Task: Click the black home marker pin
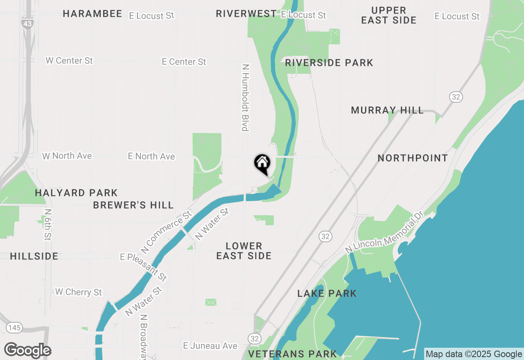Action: click(x=262, y=163)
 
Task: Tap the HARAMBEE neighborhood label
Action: click(x=93, y=14)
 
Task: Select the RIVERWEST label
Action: click(x=246, y=14)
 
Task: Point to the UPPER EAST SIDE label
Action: click(x=388, y=15)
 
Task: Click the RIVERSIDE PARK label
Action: click(x=329, y=63)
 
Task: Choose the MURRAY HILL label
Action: click(x=387, y=110)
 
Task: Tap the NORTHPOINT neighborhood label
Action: click(x=413, y=158)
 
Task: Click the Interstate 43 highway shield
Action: click(x=27, y=24)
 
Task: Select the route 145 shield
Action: click(x=14, y=328)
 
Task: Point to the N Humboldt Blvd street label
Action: click(x=246, y=98)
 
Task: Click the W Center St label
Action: click(x=69, y=61)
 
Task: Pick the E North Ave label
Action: click(x=151, y=156)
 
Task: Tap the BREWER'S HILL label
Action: click(x=133, y=205)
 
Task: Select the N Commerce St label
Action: click(x=166, y=232)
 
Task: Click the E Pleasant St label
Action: click(x=143, y=266)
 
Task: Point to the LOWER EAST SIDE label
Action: click(x=244, y=251)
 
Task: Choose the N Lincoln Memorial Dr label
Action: click(x=384, y=232)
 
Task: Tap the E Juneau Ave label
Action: click(x=210, y=346)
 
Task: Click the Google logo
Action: click(x=27, y=351)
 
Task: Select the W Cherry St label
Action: click(x=79, y=292)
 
